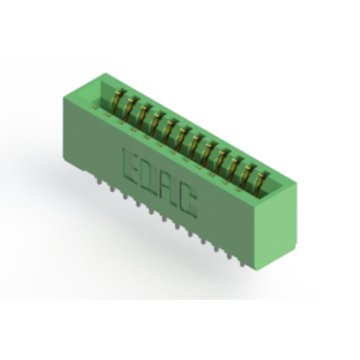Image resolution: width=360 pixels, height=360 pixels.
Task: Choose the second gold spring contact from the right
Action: click(248, 176)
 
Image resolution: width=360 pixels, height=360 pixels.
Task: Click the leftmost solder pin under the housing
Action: click(99, 182)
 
